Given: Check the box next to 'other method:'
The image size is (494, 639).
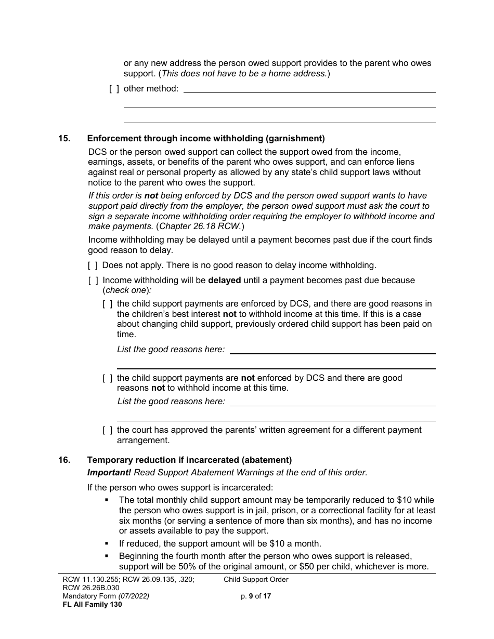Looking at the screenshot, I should coord(114,89).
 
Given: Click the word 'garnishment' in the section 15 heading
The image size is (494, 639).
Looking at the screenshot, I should coord(295,138).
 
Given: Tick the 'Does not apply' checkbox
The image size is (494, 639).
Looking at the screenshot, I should coord(93,265).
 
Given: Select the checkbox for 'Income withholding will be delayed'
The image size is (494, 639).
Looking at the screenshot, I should coord(93,281).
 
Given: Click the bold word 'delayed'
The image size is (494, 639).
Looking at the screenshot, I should coord(224,281).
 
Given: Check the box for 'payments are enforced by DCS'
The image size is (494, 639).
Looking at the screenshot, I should coord(108,304).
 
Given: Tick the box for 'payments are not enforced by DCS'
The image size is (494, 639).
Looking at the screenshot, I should coord(108,378).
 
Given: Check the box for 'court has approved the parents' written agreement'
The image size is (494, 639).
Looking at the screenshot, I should coord(108,430).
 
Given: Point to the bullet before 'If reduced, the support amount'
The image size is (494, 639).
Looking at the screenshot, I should coord(107,543).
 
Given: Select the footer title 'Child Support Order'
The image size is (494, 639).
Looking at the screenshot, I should coord(256,580).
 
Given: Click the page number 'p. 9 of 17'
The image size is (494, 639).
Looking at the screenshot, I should coord(256,596).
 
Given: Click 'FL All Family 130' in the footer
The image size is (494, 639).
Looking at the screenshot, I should coord(92,605).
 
